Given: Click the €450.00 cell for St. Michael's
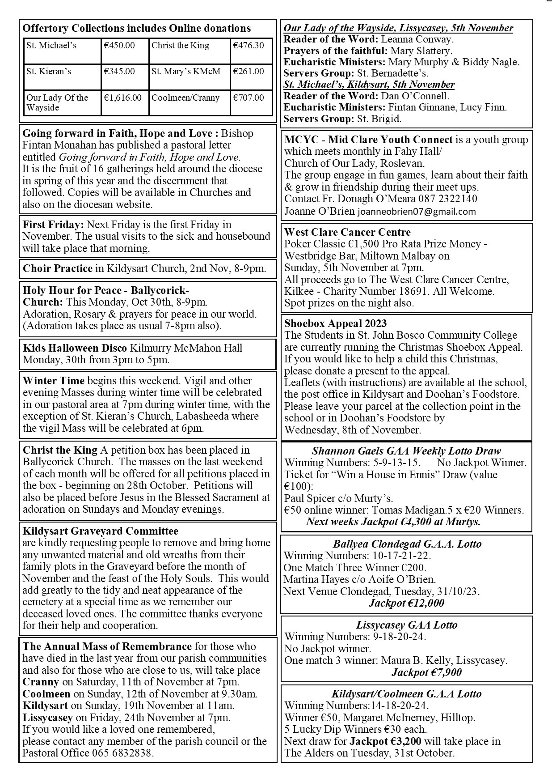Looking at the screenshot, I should pos(119,46).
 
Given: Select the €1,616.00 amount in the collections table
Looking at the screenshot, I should pos(123,98).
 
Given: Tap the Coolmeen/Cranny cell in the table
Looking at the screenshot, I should pos(185,98).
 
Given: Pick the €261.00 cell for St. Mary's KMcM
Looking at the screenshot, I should pos(249,72).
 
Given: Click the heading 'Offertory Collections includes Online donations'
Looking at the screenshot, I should pos(137,29).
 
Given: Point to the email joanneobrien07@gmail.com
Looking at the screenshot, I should pos(417,212).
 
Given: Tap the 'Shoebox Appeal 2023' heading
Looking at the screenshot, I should pos(336,323).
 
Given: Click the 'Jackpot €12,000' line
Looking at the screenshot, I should pos(406,603).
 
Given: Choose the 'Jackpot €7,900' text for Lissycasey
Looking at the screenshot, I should pos(426,672).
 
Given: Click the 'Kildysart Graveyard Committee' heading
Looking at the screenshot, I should pos(101,531).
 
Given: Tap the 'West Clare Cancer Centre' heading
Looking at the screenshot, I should pos(347,232).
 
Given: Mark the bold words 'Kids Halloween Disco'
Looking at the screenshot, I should pos(75,348).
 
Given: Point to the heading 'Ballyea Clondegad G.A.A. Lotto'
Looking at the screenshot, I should pos(407,544).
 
